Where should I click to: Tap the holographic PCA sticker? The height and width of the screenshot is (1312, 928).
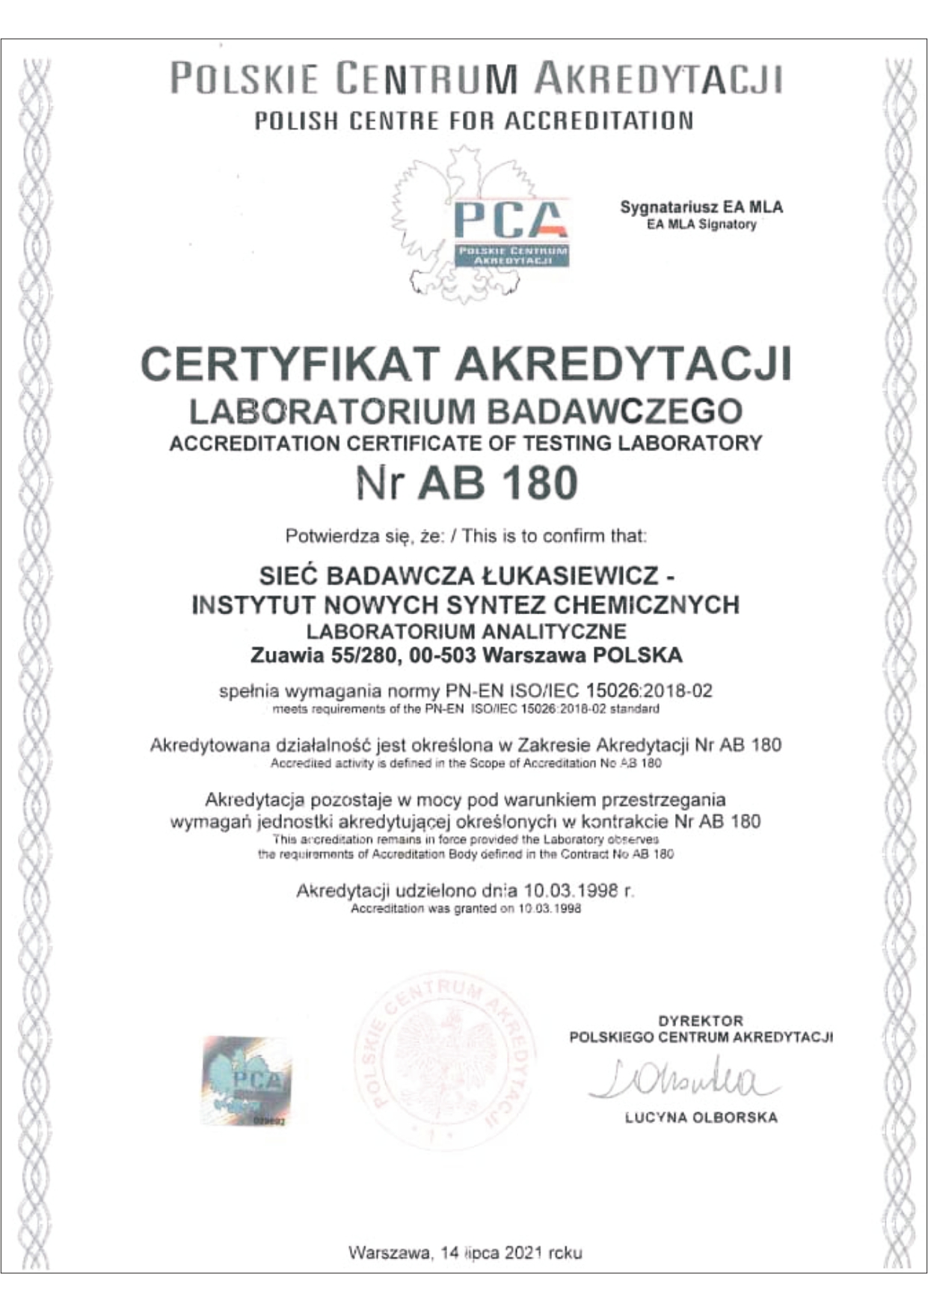pos(246,1080)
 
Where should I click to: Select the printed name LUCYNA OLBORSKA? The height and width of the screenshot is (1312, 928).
pos(701,1118)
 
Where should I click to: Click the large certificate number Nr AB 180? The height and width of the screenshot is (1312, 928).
pos(467,482)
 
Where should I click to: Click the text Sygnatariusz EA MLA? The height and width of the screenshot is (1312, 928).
pos(701,207)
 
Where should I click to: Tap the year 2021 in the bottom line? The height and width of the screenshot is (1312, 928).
pos(523,1252)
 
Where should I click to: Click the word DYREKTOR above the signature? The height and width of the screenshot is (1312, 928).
pos(701,1020)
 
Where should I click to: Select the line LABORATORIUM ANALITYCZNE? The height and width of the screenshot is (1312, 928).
pos(466,631)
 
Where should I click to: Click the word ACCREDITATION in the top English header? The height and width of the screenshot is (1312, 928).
pos(599,120)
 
